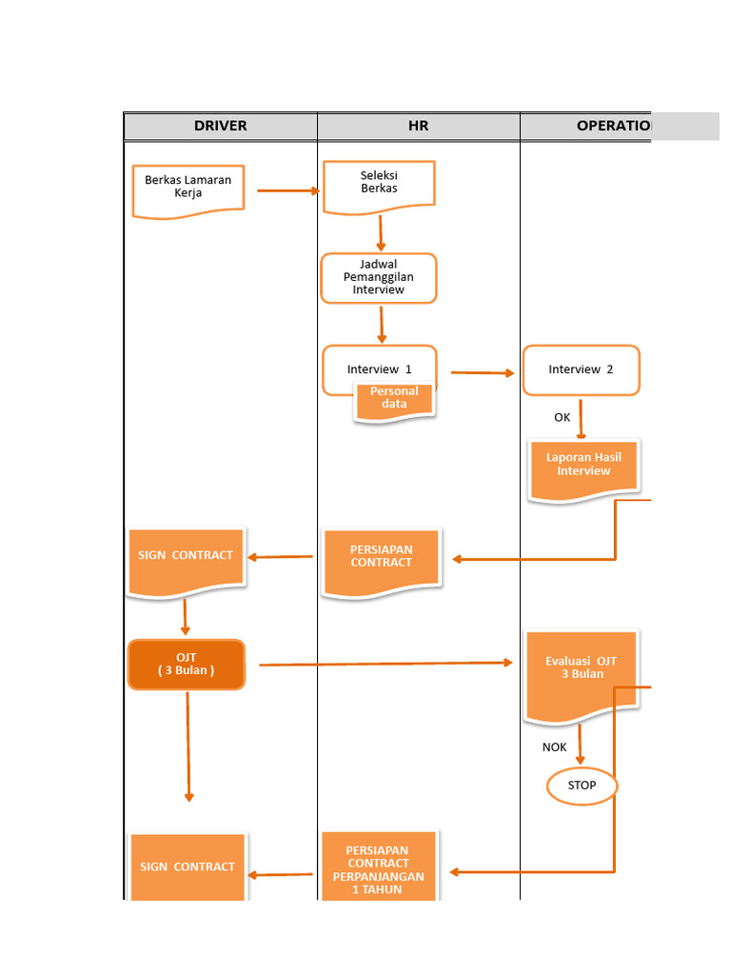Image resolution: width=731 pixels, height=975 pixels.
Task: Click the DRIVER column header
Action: [x=220, y=126]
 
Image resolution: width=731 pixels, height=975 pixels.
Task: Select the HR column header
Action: [x=418, y=126]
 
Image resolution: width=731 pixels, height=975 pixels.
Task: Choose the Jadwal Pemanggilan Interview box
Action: [x=379, y=277]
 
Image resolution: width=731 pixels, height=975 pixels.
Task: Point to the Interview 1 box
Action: [x=379, y=368]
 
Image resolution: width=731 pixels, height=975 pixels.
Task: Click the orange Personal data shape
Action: [x=394, y=400]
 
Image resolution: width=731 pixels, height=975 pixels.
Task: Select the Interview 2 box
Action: [x=581, y=369]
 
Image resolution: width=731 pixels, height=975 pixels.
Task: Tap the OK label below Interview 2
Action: [x=563, y=417]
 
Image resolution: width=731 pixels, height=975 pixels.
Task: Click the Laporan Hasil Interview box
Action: [x=583, y=468]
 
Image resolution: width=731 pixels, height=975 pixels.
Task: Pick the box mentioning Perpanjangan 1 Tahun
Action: [x=379, y=867]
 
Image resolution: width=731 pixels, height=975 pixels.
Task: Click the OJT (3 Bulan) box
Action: [x=187, y=664]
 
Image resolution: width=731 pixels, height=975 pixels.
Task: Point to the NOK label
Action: [x=555, y=747]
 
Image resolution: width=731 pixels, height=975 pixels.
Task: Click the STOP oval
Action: [x=582, y=786]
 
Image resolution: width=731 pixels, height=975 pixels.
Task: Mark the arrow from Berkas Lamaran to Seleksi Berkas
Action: [x=287, y=190]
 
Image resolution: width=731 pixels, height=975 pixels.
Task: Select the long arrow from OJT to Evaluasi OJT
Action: [x=385, y=664]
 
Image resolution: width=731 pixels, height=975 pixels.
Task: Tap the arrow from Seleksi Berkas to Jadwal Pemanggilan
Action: [x=381, y=232]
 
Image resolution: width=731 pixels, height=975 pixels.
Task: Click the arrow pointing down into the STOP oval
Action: [x=581, y=746]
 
